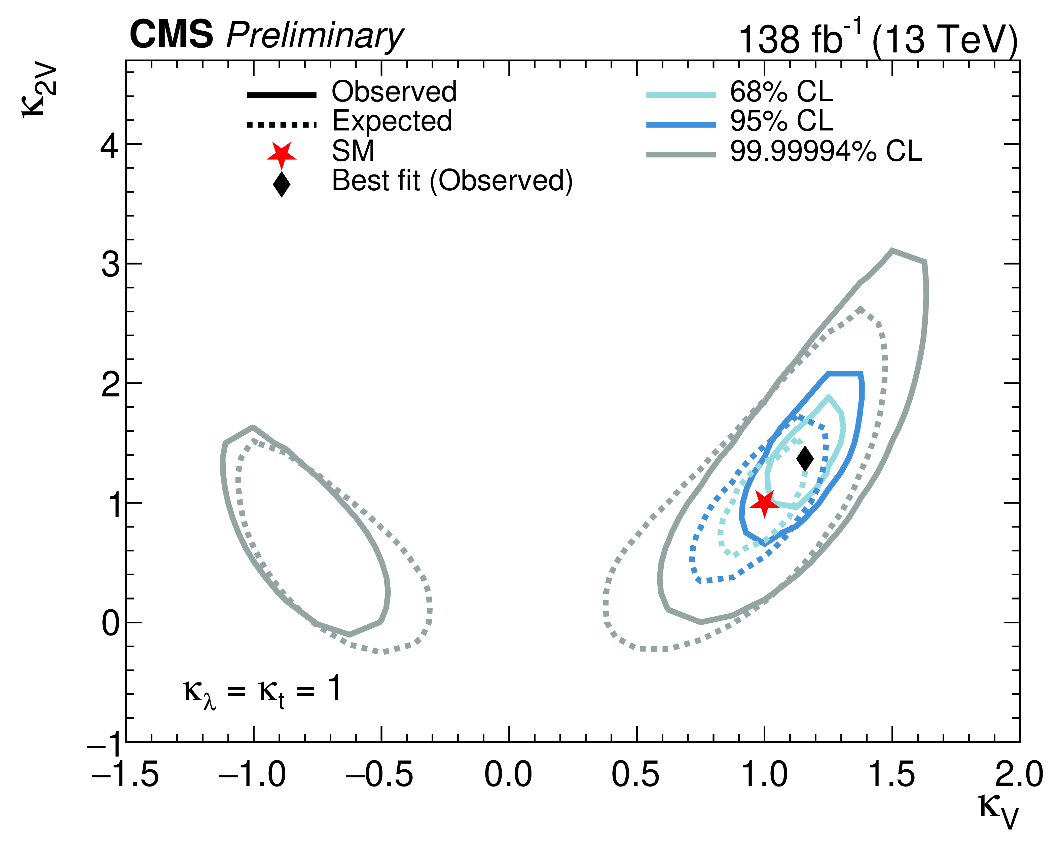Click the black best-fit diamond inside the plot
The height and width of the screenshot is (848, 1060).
[805, 459]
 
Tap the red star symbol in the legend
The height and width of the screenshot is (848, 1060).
[282, 154]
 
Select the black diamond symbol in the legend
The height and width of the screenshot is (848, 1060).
[282, 184]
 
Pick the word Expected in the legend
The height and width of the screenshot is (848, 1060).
[392, 121]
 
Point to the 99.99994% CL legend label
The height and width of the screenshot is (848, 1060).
[826, 151]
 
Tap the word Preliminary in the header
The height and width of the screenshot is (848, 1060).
[315, 36]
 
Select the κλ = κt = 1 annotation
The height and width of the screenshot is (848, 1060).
[262, 690]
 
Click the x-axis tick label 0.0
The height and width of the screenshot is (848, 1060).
[508, 775]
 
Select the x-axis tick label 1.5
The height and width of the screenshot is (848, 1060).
[892, 775]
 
